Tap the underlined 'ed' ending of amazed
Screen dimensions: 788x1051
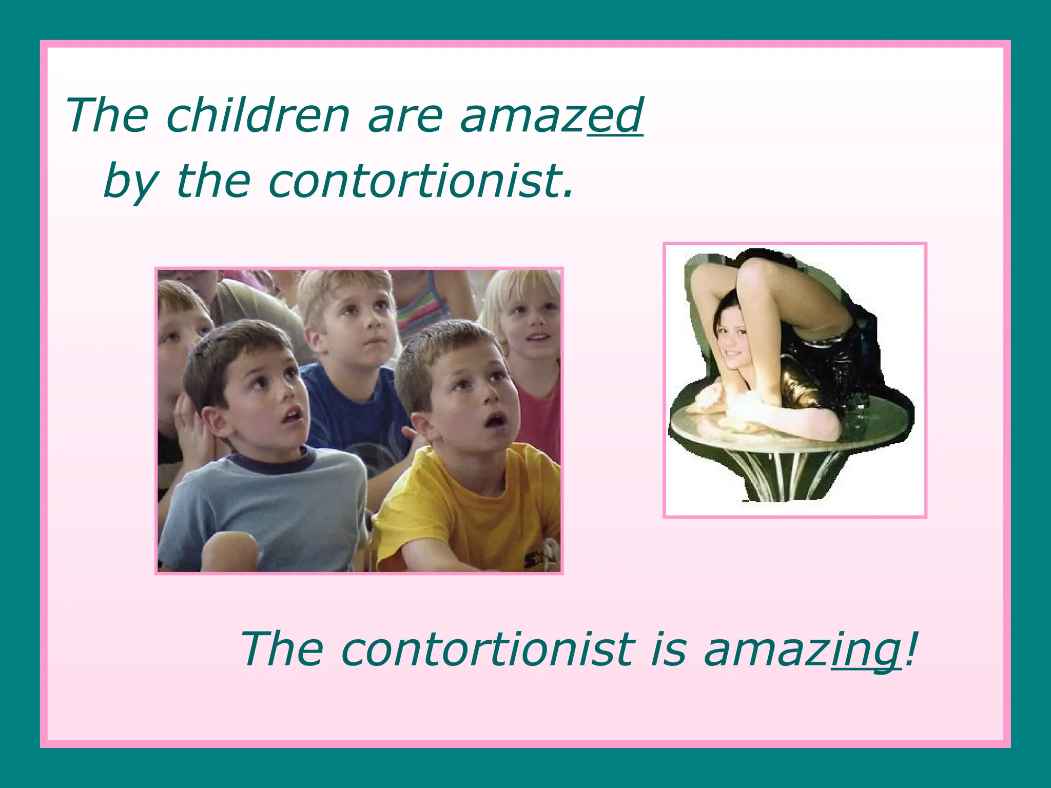coord(615,115)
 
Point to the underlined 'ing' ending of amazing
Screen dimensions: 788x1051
coord(866,649)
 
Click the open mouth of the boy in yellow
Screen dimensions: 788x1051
coord(495,420)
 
